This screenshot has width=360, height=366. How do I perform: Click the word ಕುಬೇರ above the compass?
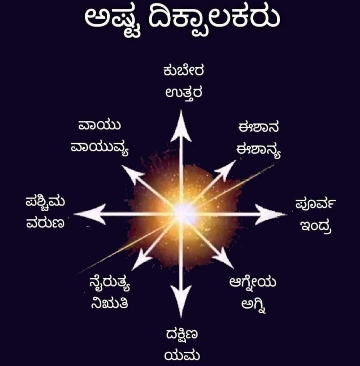[x=184, y=71]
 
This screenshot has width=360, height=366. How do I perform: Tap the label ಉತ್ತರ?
[x=184, y=93]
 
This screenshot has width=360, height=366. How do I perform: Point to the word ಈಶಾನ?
[x=258, y=128]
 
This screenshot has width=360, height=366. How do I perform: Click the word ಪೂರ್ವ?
[x=315, y=204]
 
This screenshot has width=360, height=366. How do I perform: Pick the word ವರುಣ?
[x=45, y=223]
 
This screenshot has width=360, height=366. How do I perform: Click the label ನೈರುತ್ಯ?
[x=110, y=283]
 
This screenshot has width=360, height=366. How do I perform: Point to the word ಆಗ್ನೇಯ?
[x=253, y=282]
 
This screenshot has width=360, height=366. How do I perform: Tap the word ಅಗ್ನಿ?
[x=254, y=305]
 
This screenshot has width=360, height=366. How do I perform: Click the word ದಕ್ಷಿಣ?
[x=182, y=335]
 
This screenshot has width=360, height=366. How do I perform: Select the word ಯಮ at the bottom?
[x=182, y=356]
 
